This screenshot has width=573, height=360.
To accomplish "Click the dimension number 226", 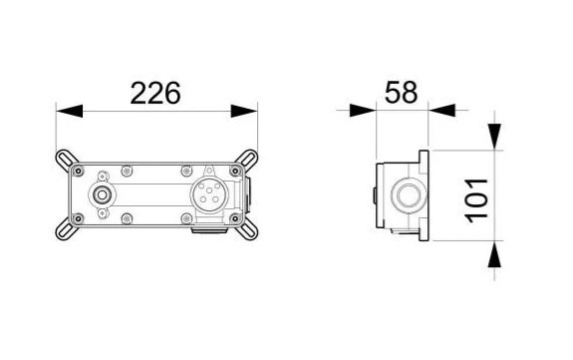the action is [x=155, y=93].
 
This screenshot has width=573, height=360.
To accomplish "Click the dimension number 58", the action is [x=401, y=92].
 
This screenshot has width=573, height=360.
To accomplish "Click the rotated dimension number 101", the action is [x=476, y=200].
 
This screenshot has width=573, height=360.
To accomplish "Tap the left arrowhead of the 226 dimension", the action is [x=70, y=111].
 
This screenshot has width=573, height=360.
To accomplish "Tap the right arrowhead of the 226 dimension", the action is [x=244, y=111].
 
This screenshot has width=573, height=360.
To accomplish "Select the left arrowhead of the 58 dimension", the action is [x=363, y=110].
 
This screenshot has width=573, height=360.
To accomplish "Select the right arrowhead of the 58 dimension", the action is [x=441, y=110].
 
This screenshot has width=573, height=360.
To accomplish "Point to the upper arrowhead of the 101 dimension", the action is [x=494, y=137].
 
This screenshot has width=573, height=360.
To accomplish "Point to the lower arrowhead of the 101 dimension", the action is [x=494, y=254].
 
